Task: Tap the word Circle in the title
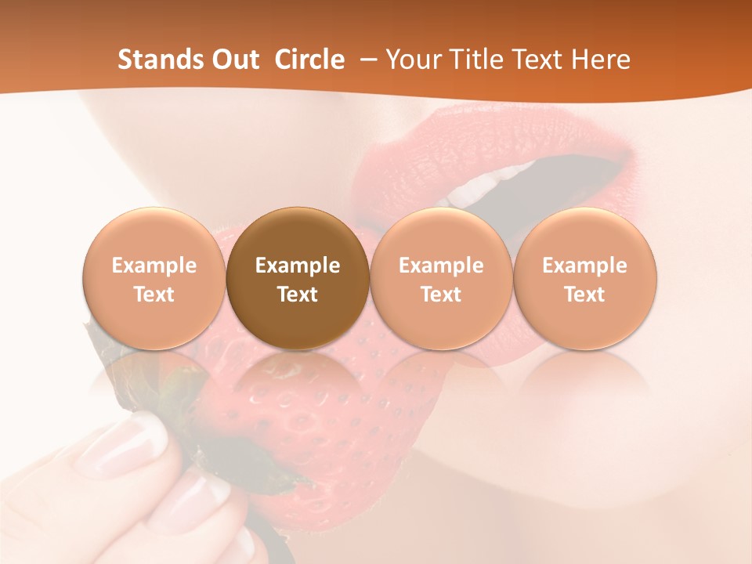309,60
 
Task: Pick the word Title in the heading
478,60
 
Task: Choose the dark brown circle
298,279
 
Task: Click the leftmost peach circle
154,279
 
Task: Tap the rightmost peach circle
585,279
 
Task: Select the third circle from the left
441,279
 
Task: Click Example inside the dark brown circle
298,266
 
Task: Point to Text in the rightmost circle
585,295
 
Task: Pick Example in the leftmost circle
154,266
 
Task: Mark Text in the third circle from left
441,295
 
